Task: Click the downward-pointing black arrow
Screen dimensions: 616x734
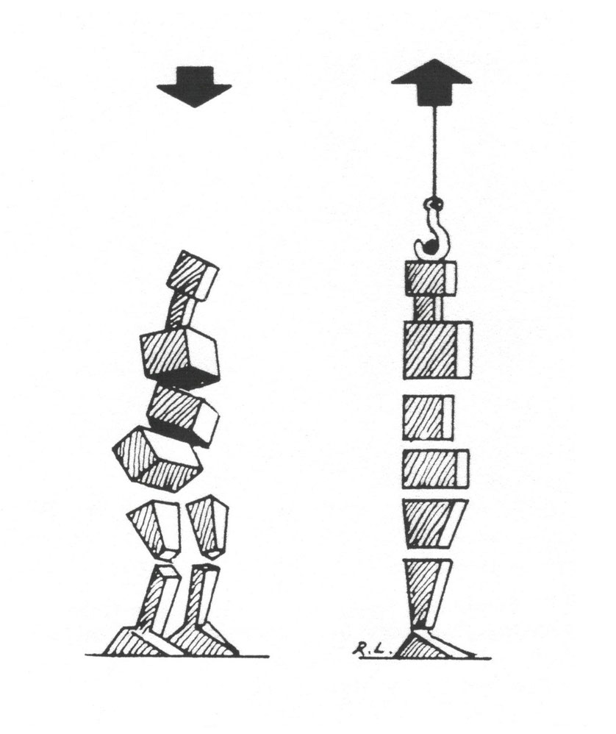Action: tap(194, 87)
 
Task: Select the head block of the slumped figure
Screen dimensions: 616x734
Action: tap(193, 276)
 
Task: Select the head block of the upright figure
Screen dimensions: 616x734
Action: tap(430, 278)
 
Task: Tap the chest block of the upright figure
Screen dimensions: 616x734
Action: tap(437, 350)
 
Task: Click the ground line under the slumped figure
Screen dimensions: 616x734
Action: tap(177, 656)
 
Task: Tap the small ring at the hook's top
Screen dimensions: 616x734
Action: tap(434, 204)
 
